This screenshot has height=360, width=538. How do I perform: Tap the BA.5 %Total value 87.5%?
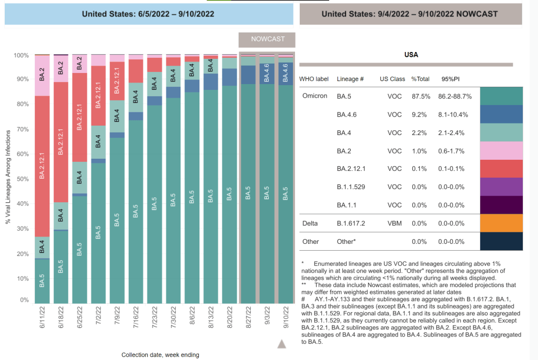420,97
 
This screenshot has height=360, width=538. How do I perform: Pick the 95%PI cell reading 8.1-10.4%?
456,115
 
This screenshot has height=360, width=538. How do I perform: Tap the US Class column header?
392,79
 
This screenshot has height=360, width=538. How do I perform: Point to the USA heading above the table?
411,55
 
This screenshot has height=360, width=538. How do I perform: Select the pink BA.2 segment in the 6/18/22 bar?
60,68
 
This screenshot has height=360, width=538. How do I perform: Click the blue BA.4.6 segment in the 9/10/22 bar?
286,70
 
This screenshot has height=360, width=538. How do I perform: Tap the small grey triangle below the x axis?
281,344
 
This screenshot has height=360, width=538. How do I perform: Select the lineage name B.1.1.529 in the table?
351,187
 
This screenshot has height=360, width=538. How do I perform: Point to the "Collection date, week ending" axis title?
160,355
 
